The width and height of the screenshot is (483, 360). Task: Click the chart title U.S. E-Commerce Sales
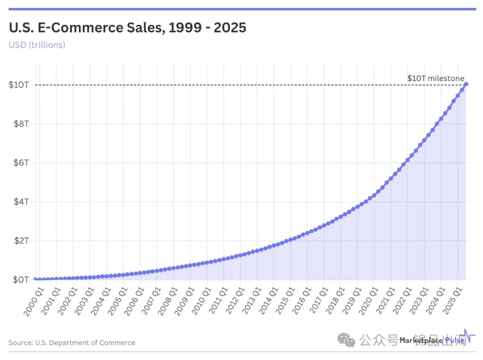tap(127, 28)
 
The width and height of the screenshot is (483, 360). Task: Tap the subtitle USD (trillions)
tap(37, 45)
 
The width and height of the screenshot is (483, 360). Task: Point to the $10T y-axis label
tap(19, 85)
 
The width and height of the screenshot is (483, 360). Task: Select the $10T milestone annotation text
tap(436, 78)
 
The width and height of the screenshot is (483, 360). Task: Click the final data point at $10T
tap(466, 84)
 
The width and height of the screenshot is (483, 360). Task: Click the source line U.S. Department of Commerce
tap(72, 343)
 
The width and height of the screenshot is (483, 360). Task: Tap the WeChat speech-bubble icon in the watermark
tap(347, 340)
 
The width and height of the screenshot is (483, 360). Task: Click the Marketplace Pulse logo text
tap(432, 340)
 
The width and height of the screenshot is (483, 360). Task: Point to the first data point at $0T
tap(35, 280)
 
